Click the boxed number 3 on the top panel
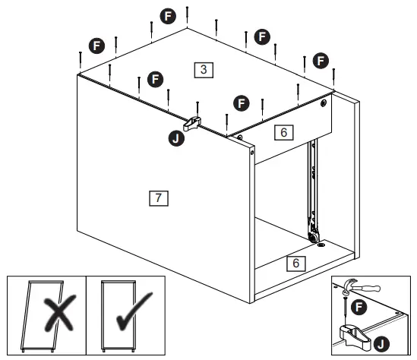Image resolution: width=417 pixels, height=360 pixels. [x=203, y=69]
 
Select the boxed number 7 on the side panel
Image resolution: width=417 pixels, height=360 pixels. [x=157, y=198]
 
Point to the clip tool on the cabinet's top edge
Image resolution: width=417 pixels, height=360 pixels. [x=194, y=121]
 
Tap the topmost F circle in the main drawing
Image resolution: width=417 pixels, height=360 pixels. [x=168, y=14]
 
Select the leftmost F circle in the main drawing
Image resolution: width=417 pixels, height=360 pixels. [x=96, y=46]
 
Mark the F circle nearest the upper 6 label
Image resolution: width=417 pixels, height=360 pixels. [x=242, y=100]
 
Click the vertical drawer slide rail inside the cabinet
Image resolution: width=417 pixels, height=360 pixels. [x=310, y=190]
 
